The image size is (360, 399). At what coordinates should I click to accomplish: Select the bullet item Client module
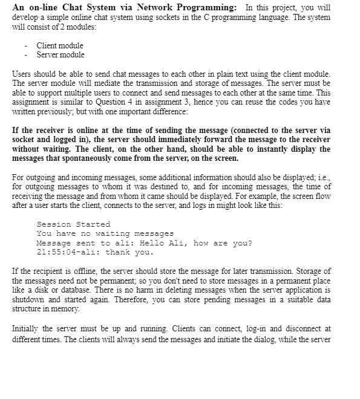click(60, 45)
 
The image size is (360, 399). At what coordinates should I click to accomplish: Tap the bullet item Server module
click(61, 54)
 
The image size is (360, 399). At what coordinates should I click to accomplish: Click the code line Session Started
click(73, 224)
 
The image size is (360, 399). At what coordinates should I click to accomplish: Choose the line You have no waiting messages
click(105, 233)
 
